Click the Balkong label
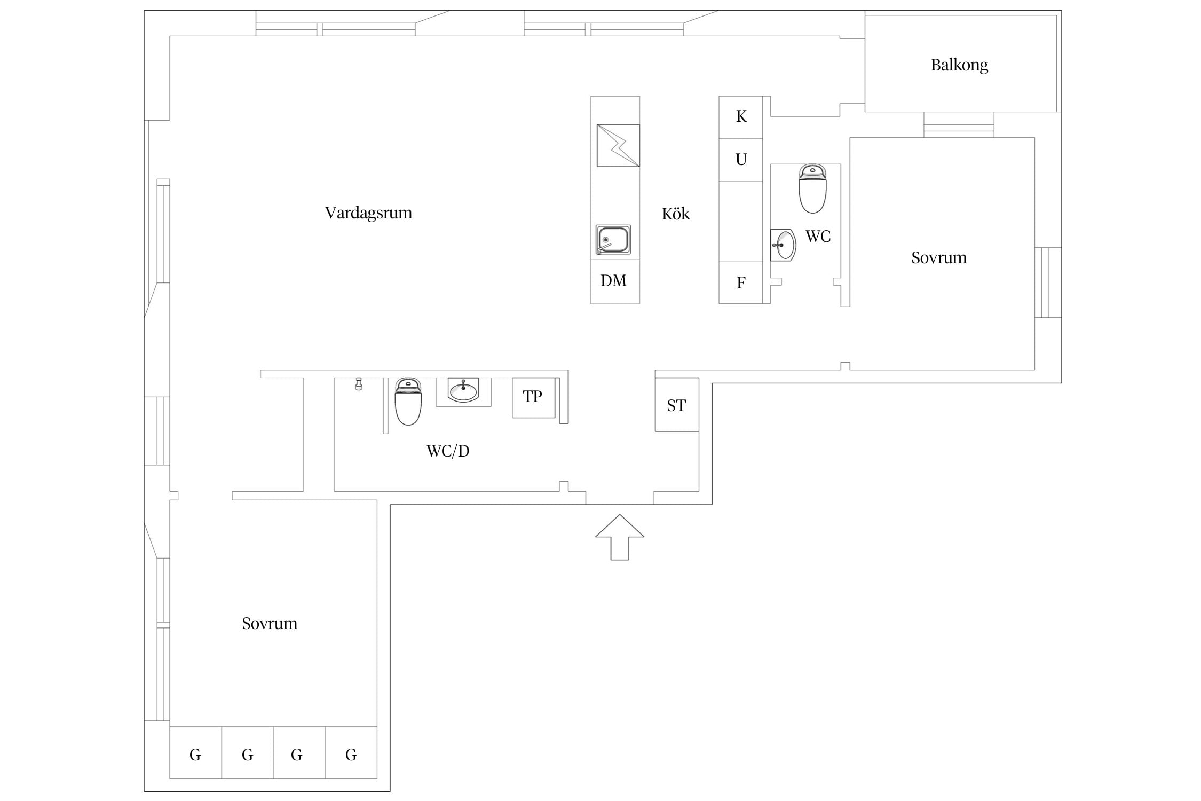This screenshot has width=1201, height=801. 959,65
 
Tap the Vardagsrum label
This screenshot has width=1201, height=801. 368,213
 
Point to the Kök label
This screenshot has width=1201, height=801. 675,214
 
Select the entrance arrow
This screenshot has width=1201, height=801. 620,537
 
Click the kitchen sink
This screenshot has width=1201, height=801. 613,239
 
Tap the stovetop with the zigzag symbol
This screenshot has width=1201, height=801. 618,145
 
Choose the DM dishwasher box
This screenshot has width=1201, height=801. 615,281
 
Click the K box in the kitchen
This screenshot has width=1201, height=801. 740,117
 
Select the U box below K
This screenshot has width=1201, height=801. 740,160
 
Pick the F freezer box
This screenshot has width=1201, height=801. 740,282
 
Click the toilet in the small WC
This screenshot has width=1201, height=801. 812,189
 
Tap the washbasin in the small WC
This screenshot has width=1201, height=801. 783,245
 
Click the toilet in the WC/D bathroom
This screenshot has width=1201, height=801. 408,401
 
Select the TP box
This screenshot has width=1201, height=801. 534,398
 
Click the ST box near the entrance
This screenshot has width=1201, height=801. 677,404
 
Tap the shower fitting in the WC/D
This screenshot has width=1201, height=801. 359,384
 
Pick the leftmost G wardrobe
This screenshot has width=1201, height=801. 195,752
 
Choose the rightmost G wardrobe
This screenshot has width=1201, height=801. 351,752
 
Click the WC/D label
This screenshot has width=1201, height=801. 448,451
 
